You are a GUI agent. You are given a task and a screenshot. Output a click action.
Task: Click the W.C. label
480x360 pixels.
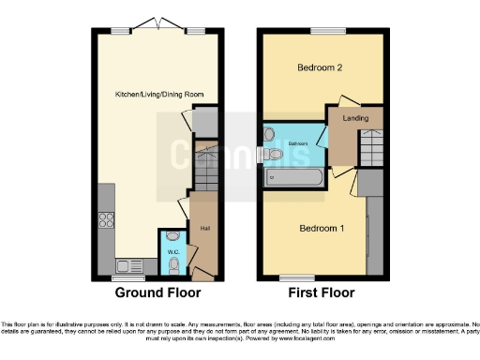pyautogui.click(x=172, y=251)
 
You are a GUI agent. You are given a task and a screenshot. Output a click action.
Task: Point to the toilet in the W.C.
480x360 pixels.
pyautogui.click(x=174, y=265)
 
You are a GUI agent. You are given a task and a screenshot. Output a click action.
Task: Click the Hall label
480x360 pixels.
pyautogui.click(x=203, y=227)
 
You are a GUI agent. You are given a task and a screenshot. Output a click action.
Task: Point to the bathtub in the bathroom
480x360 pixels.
pyautogui.click(x=293, y=175)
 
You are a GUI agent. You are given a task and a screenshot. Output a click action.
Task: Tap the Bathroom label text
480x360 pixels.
pyautogui.click(x=298, y=143)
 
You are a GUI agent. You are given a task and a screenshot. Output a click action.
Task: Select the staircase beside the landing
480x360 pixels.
pyautogui.click(x=372, y=146)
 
